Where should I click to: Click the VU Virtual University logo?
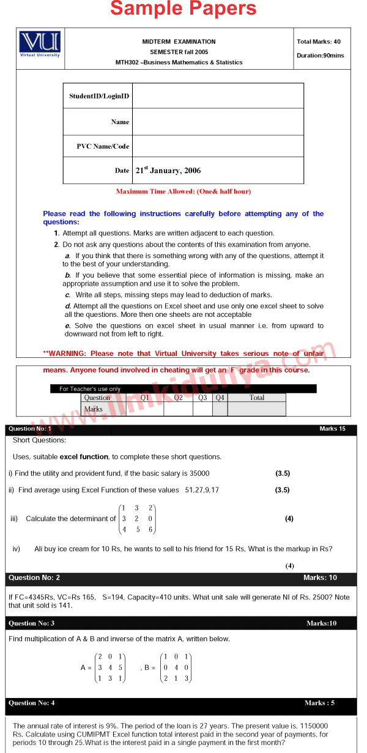click(40, 44)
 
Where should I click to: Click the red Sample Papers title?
click(183, 9)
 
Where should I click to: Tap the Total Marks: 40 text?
click(319, 42)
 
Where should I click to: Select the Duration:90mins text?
click(320, 56)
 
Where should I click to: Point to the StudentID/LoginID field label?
click(99, 96)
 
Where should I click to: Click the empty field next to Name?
click(218, 122)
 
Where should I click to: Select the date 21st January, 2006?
click(168, 171)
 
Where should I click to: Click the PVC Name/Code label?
click(103, 146)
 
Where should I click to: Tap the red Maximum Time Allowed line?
click(183, 191)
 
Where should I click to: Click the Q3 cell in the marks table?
click(202, 398)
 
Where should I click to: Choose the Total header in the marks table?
click(257, 398)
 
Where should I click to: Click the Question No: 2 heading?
click(34, 578)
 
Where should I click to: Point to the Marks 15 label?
click(332, 429)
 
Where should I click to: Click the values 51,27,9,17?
click(202, 490)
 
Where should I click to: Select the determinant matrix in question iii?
click(137, 519)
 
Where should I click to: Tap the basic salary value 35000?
click(199, 473)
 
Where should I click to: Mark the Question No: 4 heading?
click(32, 703)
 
